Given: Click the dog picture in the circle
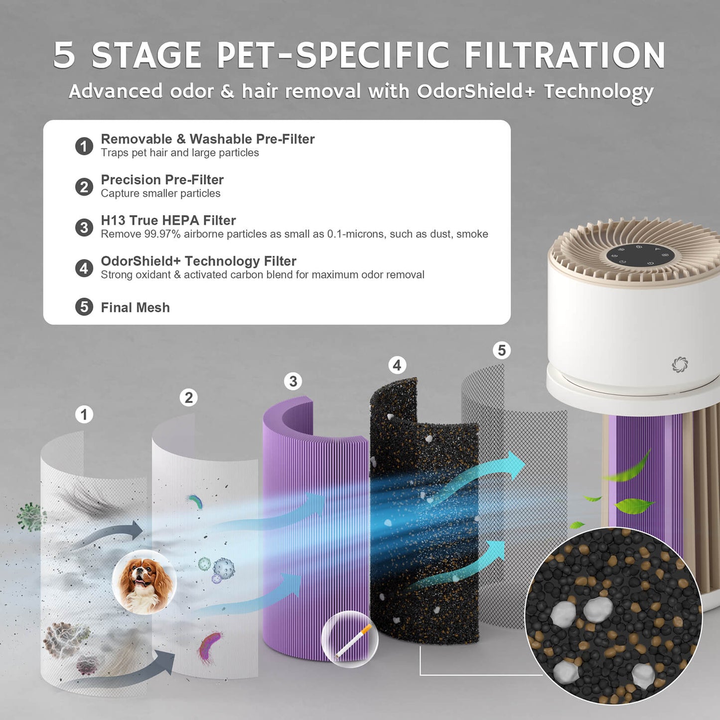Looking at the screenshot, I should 144,582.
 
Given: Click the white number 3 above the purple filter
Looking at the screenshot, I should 293,382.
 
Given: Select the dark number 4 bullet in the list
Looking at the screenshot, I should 84,268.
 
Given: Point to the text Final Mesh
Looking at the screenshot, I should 135,307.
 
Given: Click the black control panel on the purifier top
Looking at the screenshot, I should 640,255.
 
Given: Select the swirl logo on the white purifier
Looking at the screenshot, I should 679,364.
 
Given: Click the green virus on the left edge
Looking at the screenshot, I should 30,516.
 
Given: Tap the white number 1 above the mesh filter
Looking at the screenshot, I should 84,415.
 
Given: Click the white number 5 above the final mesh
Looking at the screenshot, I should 502,350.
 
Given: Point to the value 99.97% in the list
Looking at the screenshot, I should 162,234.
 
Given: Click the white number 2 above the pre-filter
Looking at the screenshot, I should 188,398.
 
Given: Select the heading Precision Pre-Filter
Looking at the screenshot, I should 162,179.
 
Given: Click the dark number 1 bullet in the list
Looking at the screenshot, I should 84,146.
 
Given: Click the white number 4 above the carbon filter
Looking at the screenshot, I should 397,365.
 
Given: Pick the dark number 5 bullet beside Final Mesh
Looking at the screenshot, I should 84,307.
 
